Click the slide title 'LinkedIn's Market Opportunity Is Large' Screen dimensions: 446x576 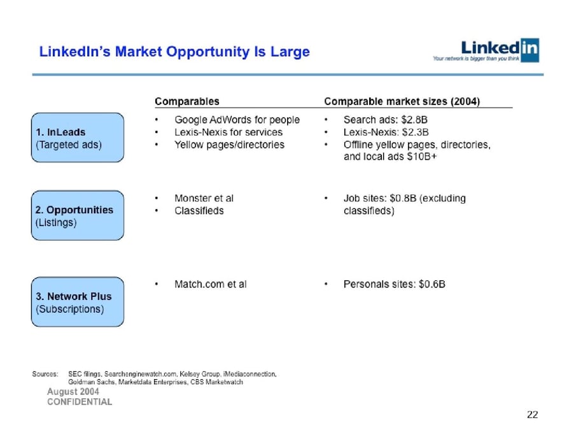point(174,52)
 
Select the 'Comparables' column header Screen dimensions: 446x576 point(187,101)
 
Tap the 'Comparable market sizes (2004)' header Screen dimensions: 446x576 point(402,101)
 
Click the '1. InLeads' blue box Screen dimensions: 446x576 point(78,138)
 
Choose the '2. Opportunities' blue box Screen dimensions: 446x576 point(78,216)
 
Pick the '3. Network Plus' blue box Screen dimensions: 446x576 point(78,302)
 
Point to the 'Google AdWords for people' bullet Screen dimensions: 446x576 point(237,120)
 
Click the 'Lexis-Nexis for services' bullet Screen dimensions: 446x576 point(228,133)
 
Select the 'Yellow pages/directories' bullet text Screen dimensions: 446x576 point(229,145)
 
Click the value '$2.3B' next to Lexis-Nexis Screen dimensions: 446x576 point(415,133)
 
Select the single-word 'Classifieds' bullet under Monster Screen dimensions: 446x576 point(199,211)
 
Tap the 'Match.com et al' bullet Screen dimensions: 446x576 point(210,284)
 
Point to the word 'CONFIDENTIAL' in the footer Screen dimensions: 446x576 point(80,402)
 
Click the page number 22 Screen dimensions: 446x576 point(533,415)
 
